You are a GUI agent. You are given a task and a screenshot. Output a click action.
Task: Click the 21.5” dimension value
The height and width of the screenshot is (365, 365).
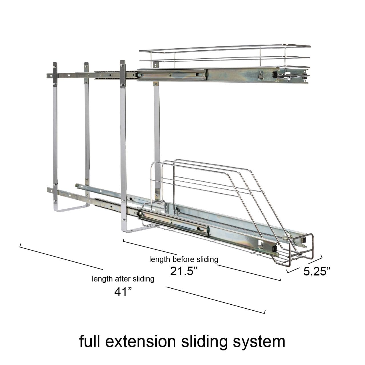coord(184,271)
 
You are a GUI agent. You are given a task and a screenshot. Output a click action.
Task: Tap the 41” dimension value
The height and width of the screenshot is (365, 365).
coord(123,291)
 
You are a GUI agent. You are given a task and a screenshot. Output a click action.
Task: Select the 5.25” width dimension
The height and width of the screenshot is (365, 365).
coord(317,271)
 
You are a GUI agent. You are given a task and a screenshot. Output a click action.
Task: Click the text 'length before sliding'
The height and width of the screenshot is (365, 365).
coord(184,259)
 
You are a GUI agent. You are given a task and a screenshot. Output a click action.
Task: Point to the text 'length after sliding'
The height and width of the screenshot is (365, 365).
coord(123,279)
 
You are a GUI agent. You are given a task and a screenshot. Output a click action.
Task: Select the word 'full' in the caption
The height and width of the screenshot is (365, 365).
coord(89,342)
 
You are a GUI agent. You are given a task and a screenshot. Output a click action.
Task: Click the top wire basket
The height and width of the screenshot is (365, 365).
coord(224,57)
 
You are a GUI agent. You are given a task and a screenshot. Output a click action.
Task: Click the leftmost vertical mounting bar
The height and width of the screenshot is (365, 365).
coord(55,137)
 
